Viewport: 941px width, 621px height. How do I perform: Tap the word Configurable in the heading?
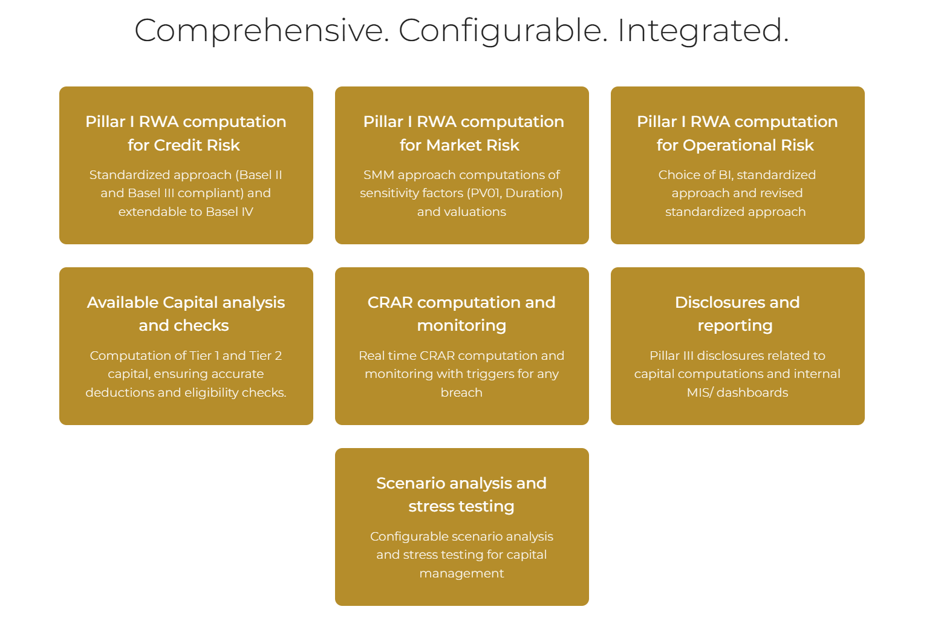503,30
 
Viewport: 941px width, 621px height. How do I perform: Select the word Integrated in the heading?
702,30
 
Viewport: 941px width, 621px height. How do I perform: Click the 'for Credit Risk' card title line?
184,145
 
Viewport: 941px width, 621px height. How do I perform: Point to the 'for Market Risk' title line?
460,145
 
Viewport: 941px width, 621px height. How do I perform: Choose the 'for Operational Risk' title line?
735,145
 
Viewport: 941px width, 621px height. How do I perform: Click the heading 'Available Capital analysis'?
186,302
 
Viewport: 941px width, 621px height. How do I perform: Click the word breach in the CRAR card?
461,392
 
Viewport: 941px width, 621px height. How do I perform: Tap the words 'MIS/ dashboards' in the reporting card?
737,392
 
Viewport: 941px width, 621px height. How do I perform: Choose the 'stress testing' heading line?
461,506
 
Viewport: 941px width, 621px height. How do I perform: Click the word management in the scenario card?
461,573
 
